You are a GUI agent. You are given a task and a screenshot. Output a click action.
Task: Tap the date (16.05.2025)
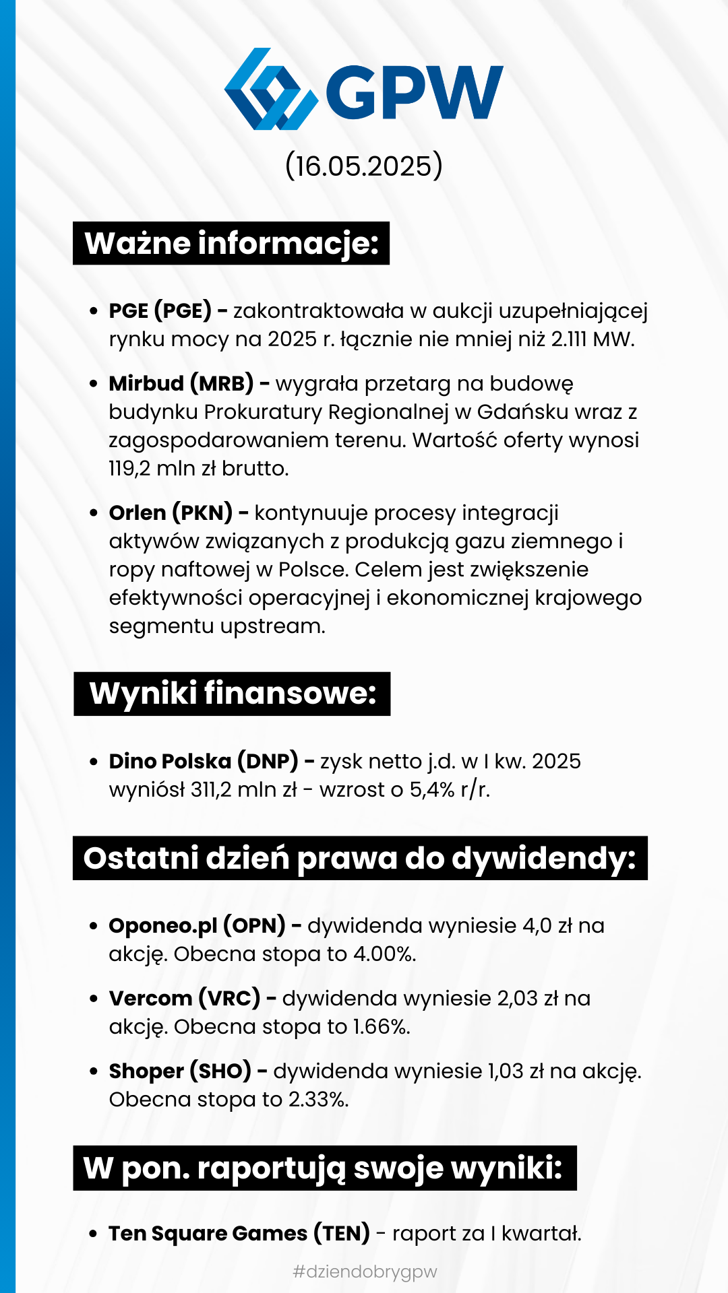[x=364, y=166]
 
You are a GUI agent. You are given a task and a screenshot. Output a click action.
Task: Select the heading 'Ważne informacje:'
[x=231, y=243]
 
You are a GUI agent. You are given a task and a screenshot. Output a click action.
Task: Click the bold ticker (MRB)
[x=222, y=384]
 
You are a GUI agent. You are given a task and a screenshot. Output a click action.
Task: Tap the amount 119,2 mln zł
[x=162, y=469]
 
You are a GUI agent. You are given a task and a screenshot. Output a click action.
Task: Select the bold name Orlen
[x=138, y=513]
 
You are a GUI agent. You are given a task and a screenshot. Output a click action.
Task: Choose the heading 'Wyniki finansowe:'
[x=233, y=694]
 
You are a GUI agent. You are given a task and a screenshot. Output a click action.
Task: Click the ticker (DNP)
[x=268, y=762]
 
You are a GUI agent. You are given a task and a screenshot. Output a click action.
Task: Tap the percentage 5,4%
[x=432, y=790]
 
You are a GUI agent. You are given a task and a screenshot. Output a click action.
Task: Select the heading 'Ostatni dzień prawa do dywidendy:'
[x=360, y=859]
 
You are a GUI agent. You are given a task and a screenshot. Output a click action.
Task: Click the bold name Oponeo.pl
[x=162, y=926]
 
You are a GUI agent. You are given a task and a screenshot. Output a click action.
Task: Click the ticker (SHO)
[x=220, y=1071]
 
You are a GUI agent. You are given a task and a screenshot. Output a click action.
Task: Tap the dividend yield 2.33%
[x=318, y=1100]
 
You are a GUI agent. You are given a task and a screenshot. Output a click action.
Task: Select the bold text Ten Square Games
[x=208, y=1234]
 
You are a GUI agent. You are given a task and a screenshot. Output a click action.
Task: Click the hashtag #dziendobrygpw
[x=365, y=1271]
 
